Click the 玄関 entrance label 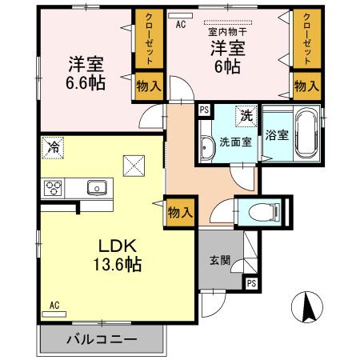click(220, 260)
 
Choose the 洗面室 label click(235, 142)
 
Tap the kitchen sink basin click(97, 189)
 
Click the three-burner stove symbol click(54, 189)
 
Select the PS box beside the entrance click(252, 283)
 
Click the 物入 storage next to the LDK click(180, 212)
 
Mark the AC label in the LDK click(54, 306)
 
